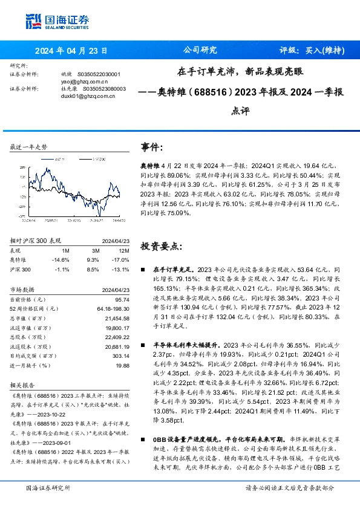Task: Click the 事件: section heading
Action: (151, 146)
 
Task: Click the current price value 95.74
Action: (122, 299)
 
